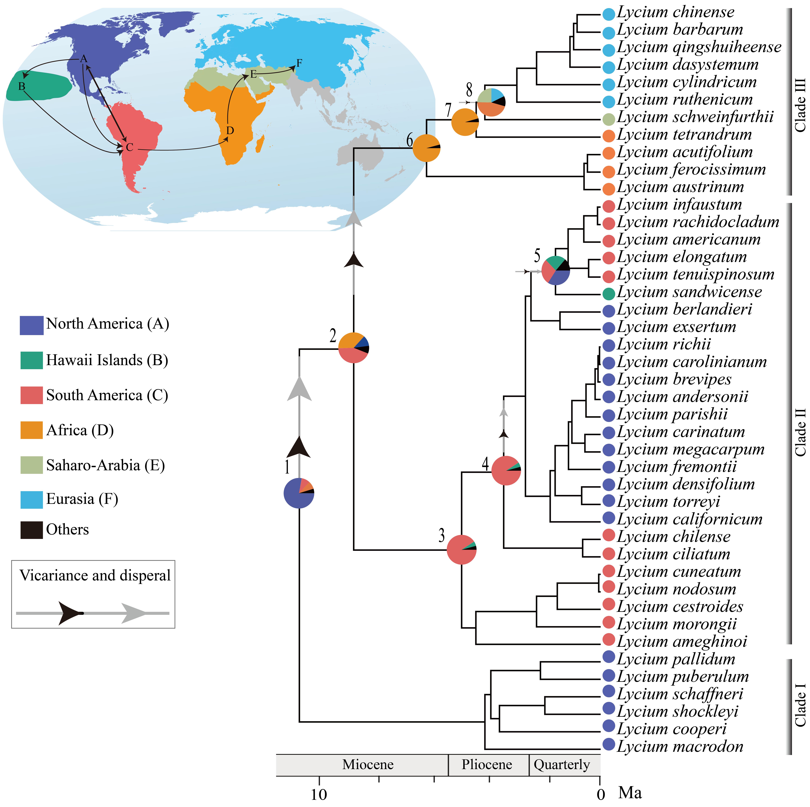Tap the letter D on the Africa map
click(230, 130)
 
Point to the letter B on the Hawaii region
click(22, 86)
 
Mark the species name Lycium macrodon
click(680, 746)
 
